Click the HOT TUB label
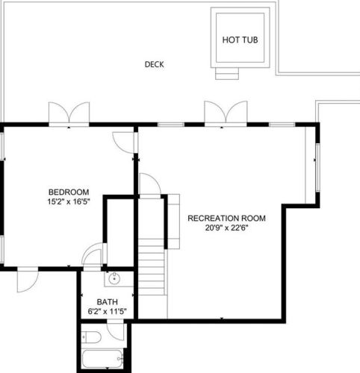click(x=240, y=40)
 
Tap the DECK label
click(x=155, y=64)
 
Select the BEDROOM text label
click(x=69, y=192)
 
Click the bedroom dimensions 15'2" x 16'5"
click(x=69, y=201)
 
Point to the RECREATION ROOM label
click(x=226, y=218)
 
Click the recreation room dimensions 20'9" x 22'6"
click(x=226, y=228)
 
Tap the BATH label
click(x=107, y=302)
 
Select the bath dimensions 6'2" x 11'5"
click(x=107, y=311)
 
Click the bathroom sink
click(x=114, y=278)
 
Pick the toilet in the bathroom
click(x=91, y=337)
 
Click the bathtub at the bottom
click(x=102, y=359)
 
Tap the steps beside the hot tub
click(x=227, y=74)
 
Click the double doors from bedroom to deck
click(x=69, y=113)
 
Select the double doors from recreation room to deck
click(x=226, y=113)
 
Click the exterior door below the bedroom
click(x=28, y=280)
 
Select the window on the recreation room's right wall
click(x=317, y=168)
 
